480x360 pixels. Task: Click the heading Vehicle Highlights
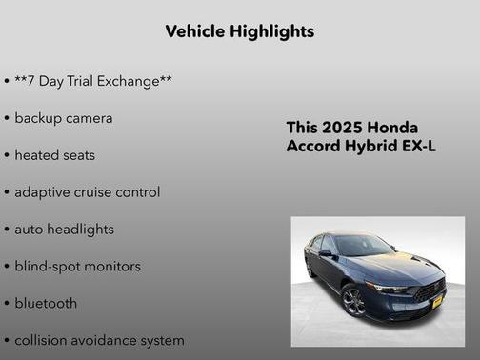[239, 31]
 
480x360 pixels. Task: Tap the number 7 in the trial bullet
[33, 81]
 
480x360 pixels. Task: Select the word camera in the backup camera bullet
[89, 118]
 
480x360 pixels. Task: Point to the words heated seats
[54, 154]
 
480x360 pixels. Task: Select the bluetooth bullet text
[46, 303]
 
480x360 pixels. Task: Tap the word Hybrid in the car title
[371, 147]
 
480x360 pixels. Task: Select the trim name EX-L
[418, 147]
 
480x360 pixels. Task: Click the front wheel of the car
[352, 302]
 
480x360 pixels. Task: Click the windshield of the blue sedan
[365, 246]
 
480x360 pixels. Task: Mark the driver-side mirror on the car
[326, 253]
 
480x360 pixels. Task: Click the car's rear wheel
[310, 270]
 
